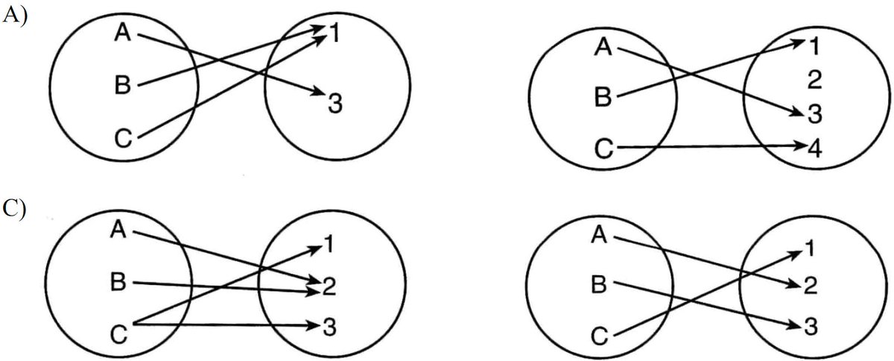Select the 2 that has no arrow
point(814,78)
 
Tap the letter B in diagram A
point(124,85)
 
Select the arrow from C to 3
point(231,325)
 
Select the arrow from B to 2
point(223,284)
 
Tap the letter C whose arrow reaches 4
point(605,148)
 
